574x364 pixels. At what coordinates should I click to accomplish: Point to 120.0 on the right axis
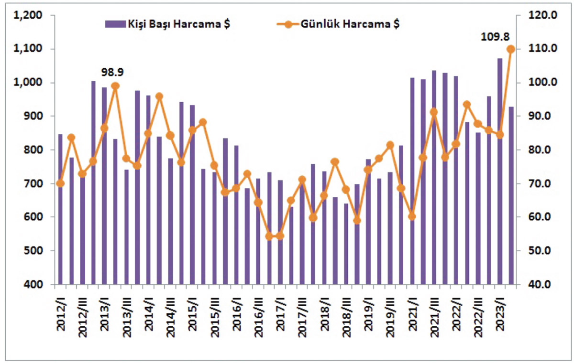tap(541, 16)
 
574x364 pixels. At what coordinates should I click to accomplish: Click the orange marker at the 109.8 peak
tap(510, 49)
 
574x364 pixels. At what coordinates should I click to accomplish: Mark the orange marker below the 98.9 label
tap(115, 86)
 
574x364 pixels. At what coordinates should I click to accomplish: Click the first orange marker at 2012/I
tap(60, 183)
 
